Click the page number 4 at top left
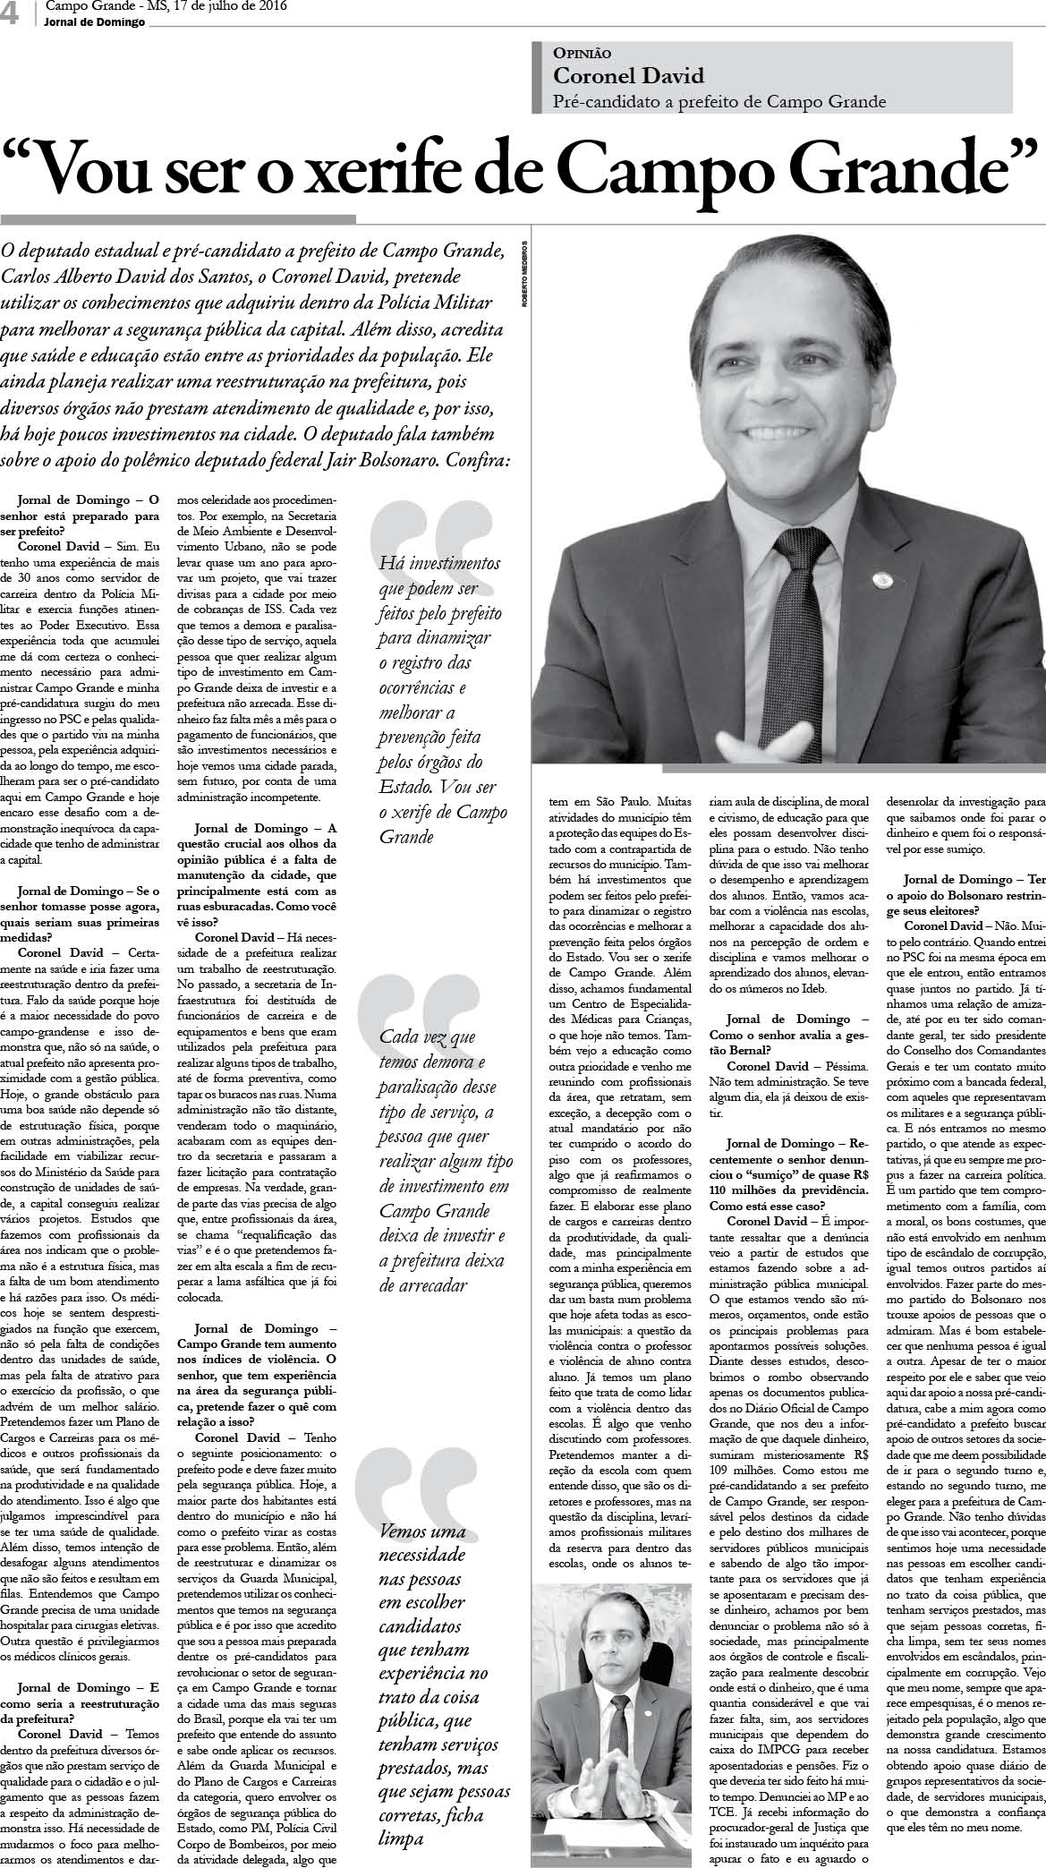[x=12, y=15]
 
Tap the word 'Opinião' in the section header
[x=583, y=54]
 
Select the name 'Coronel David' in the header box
[x=628, y=76]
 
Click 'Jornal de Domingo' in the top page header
[x=88, y=22]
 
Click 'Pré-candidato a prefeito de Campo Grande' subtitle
[x=720, y=101]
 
